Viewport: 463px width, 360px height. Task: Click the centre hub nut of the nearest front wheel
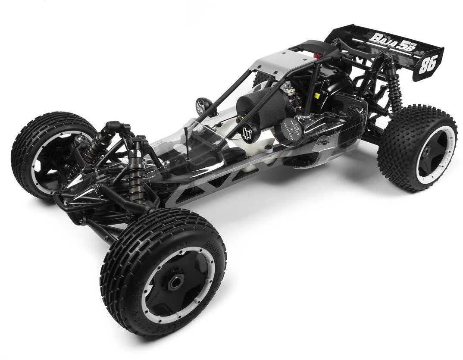(175, 282)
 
